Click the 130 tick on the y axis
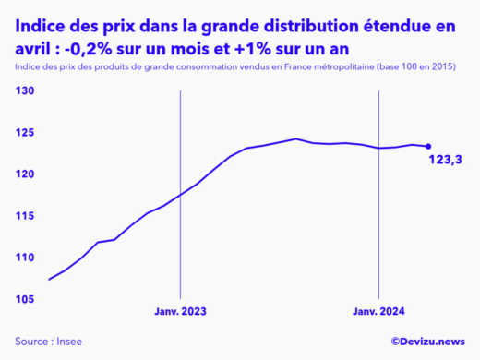(x=25, y=90)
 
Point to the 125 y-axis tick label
(x=25, y=132)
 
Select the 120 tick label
(x=25, y=174)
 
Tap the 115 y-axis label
(x=25, y=215)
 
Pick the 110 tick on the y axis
(x=25, y=257)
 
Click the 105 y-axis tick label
(x=25, y=299)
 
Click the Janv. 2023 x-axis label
(x=180, y=312)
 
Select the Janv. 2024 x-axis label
(x=379, y=312)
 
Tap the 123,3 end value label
(x=445, y=161)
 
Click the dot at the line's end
(x=428, y=146)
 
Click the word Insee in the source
(x=69, y=342)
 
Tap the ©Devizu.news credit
(x=427, y=342)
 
